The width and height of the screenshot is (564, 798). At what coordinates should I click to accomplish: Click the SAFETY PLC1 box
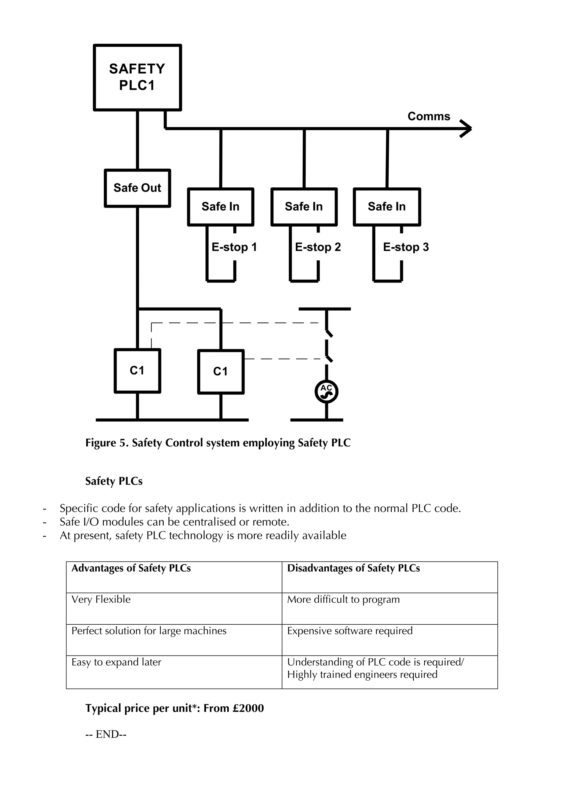pyautogui.click(x=137, y=77)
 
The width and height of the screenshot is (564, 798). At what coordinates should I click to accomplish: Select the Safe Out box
pyautogui.click(x=137, y=188)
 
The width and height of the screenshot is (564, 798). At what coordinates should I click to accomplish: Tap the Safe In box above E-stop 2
pyautogui.click(x=304, y=207)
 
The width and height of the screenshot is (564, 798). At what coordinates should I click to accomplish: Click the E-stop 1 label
pyautogui.click(x=234, y=247)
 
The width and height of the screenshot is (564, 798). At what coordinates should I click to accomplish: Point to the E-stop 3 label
pyautogui.click(x=406, y=247)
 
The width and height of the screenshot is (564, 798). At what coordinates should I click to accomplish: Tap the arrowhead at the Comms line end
pyautogui.click(x=467, y=129)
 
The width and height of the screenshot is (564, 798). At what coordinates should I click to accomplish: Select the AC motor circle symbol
pyautogui.click(x=326, y=392)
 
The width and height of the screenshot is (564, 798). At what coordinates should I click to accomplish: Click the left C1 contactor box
pyautogui.click(x=137, y=371)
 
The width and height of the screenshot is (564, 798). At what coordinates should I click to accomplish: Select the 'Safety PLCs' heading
pyautogui.click(x=114, y=481)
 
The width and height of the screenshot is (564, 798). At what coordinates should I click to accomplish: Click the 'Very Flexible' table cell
pyautogui.click(x=101, y=599)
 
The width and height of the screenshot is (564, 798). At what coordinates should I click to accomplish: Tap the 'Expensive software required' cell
pyautogui.click(x=350, y=630)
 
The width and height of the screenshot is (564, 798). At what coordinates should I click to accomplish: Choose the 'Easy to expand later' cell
pyautogui.click(x=116, y=662)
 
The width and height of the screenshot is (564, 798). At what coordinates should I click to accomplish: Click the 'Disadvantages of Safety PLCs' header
pyautogui.click(x=353, y=568)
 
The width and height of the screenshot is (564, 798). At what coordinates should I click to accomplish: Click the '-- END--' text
pyautogui.click(x=106, y=734)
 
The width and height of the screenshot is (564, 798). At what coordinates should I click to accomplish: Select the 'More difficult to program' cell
pyautogui.click(x=343, y=599)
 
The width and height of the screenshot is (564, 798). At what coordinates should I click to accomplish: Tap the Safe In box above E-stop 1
pyautogui.click(x=221, y=207)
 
